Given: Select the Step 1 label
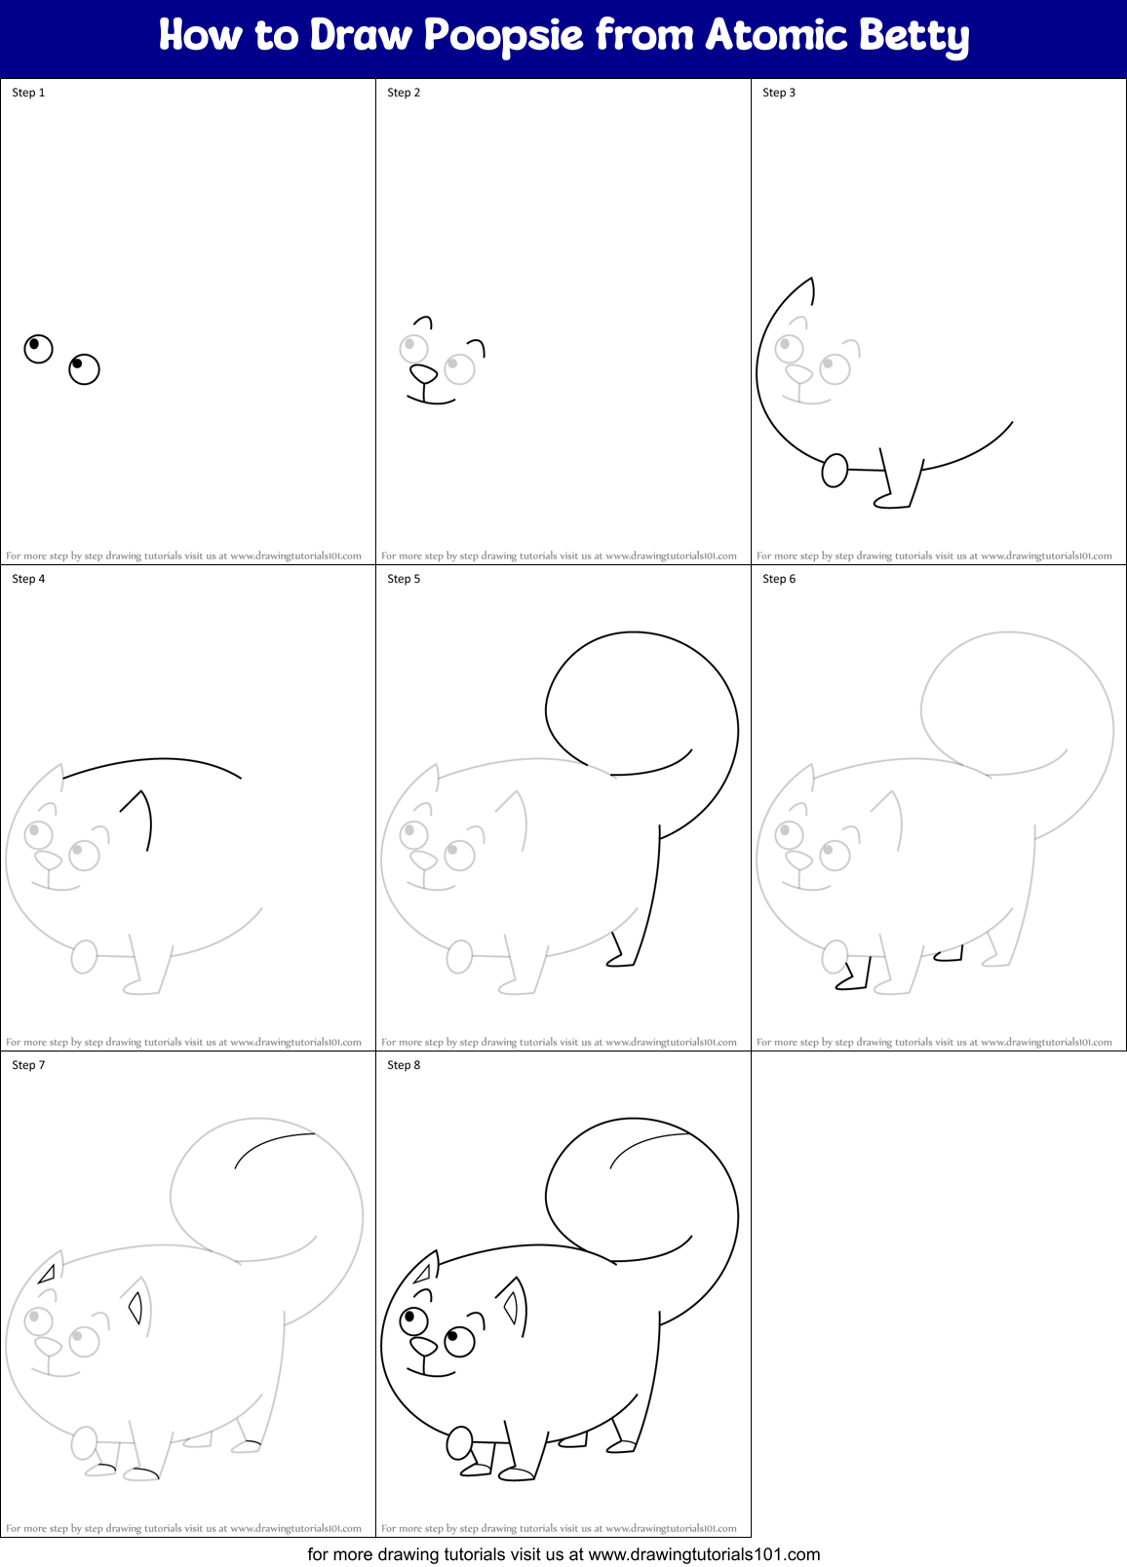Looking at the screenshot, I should tap(28, 93).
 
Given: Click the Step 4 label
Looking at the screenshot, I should tap(28, 579).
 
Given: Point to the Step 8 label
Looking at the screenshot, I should tap(404, 1065).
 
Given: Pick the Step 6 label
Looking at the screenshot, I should tap(779, 579).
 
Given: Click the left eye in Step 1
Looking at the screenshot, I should tap(38, 348).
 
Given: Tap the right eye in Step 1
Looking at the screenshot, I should tap(84, 368).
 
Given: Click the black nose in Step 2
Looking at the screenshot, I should tap(423, 373).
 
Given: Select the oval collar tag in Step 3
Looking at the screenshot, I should tap(835, 471).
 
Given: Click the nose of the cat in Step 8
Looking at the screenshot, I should tap(423, 1346).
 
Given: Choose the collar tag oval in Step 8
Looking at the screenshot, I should tap(459, 1443).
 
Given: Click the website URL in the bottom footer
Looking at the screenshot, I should tap(704, 1554).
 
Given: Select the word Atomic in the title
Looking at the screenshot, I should tap(774, 36).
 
